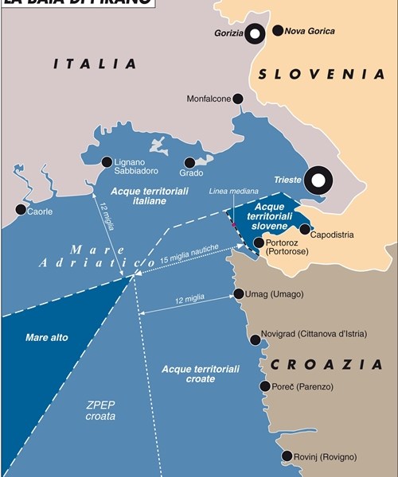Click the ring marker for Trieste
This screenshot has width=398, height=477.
(318, 180)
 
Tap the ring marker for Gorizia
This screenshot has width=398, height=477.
(255, 33)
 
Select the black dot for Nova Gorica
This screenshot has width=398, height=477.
(278, 31)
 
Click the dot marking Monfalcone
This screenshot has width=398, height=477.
(239, 99)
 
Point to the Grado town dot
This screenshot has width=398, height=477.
(189, 161)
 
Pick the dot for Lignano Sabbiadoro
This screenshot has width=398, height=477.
(107, 161)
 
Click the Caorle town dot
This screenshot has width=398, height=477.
(20, 209)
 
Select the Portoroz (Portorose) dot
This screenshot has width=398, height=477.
(258, 242)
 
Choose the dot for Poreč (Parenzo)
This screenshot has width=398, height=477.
(264, 386)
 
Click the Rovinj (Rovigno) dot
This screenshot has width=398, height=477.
(287, 456)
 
